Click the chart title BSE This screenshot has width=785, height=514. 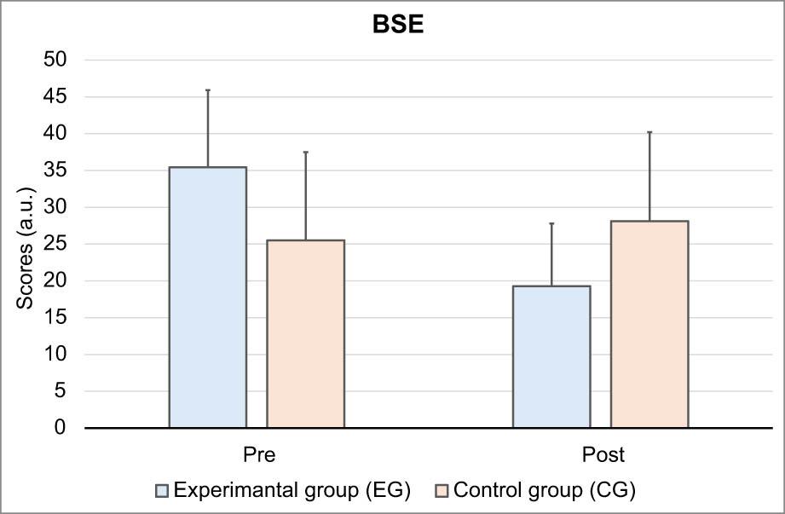pos(398,24)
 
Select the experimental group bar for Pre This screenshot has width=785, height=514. pos(208,297)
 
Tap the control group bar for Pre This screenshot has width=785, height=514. pos(305,334)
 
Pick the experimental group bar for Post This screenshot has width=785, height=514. pos(551,357)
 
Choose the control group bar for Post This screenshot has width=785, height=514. pos(649,324)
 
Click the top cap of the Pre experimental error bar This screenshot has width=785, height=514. pos(208,90)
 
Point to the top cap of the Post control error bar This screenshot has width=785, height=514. pos(649,132)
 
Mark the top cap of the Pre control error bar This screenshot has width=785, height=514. pos(305,152)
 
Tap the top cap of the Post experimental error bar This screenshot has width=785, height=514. pos(551,223)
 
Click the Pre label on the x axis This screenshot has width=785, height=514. pos(259,454)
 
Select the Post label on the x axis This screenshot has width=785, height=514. pos(603,454)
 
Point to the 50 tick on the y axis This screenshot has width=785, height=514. pos(55,60)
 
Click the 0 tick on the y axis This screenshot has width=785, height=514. pos(60,427)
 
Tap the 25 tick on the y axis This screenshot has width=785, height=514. pos(55,244)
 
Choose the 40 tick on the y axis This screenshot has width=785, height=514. pos(55,133)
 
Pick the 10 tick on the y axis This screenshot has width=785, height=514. pos(55,354)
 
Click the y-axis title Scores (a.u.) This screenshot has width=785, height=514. pos(25,248)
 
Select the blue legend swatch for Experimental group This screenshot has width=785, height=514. pos(162,490)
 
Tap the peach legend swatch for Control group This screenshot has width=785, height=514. pos(441,490)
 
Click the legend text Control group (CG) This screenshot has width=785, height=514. pos(545,490)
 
